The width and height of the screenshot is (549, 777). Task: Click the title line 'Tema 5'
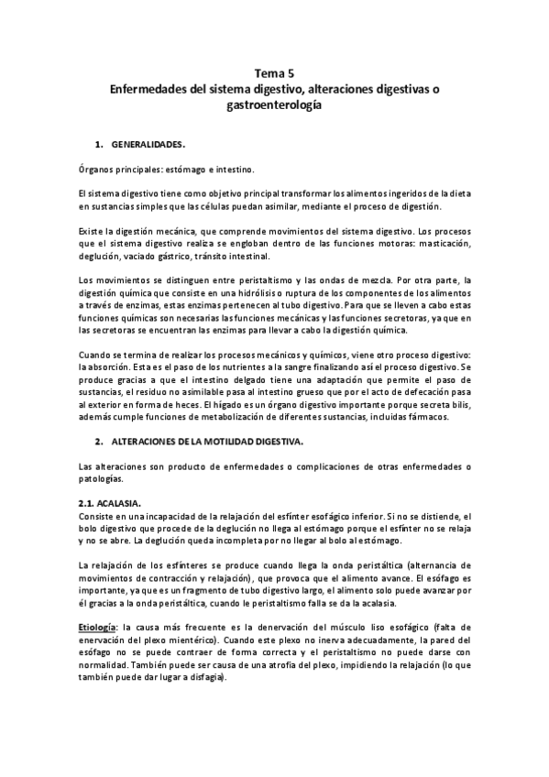(x=275, y=74)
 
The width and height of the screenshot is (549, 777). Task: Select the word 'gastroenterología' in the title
(x=275, y=106)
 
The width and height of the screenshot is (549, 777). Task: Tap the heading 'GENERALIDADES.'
(x=148, y=145)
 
